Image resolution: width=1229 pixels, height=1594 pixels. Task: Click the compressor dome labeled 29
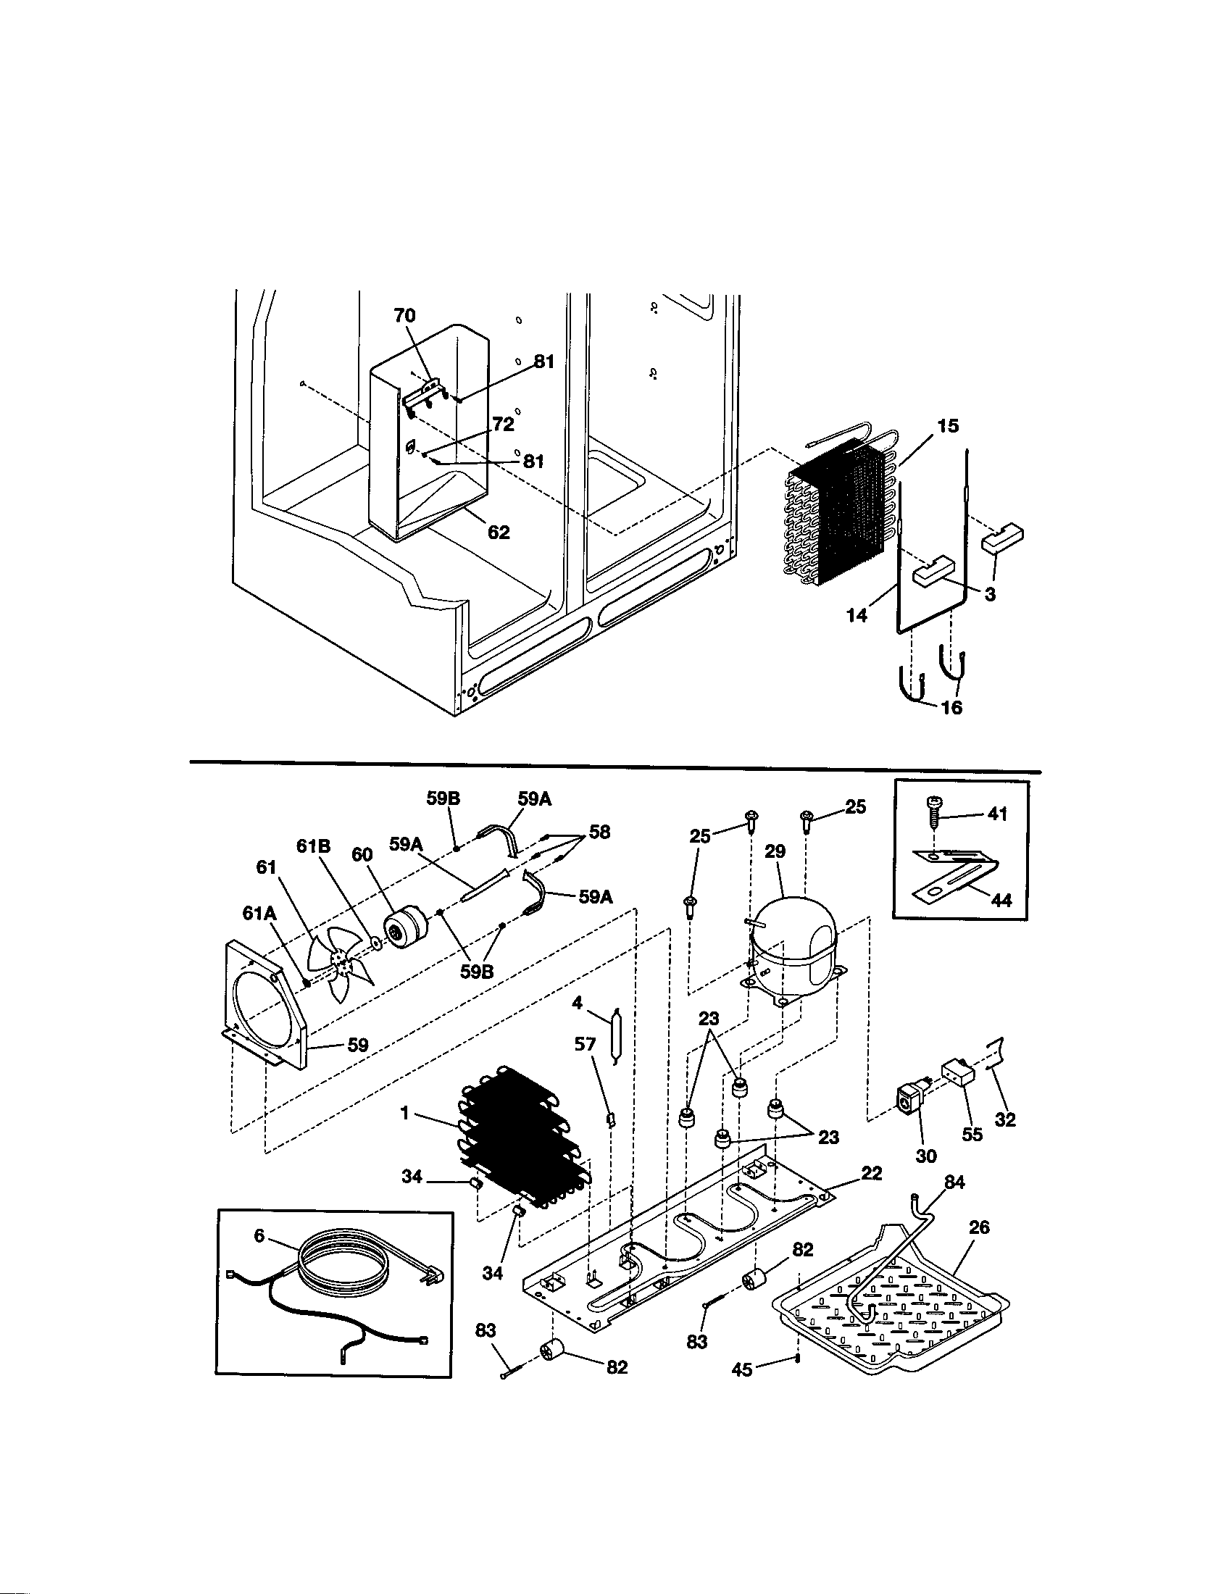pos(795,940)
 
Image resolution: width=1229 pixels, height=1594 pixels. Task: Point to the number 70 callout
pos(404,315)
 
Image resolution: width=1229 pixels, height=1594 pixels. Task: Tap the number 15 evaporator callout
pos(947,425)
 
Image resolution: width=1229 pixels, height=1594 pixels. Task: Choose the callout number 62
pos(499,533)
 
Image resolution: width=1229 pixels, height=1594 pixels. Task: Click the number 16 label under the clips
pos(951,706)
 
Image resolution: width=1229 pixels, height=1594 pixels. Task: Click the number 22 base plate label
pos(872,1173)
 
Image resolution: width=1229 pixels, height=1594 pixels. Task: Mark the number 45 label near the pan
pos(742,1370)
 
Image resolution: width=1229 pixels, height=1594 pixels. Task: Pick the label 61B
pos(313,846)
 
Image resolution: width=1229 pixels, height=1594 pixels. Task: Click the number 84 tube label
pos(954,1182)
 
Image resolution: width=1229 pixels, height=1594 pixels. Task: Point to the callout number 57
pos(585,1044)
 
